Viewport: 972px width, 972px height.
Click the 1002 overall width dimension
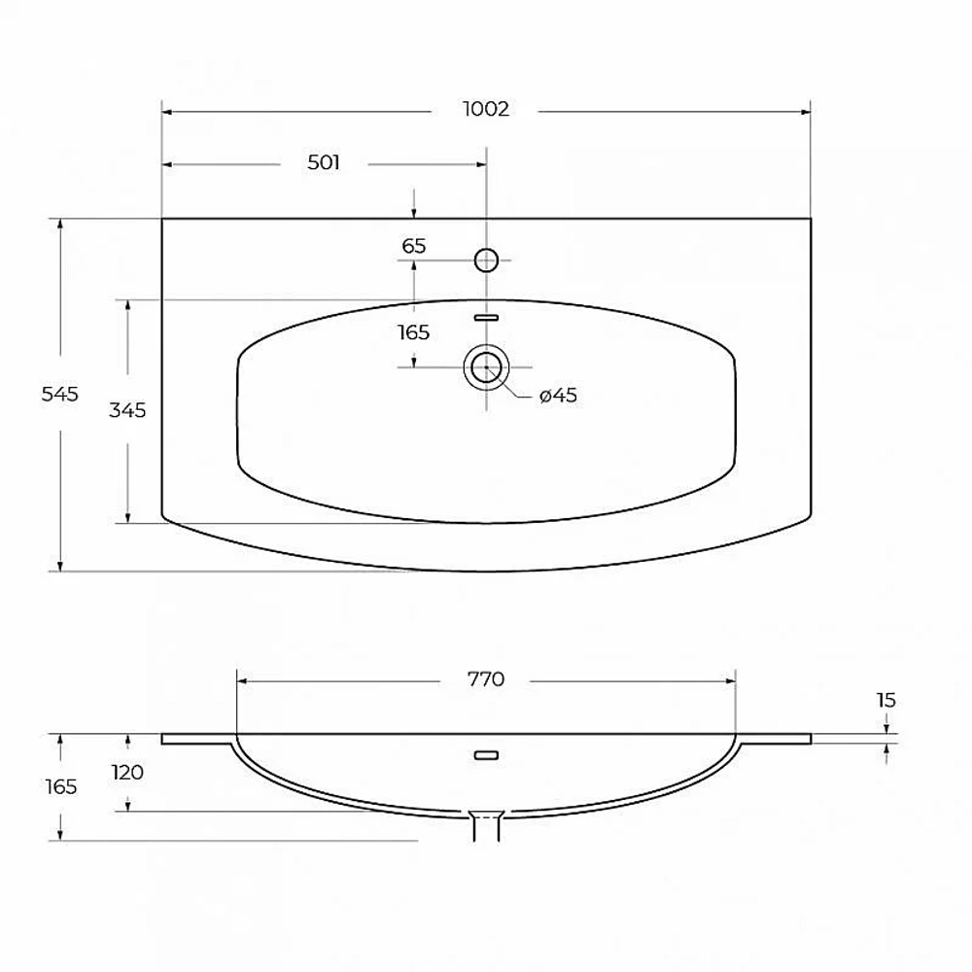[486, 109]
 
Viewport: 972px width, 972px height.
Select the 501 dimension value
[324, 162]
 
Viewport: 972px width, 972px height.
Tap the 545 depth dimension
[60, 395]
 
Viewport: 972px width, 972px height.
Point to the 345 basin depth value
[127, 410]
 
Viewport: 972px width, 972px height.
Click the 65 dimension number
[414, 246]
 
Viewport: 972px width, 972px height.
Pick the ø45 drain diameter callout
[559, 396]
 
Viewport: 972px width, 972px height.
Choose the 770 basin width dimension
[486, 679]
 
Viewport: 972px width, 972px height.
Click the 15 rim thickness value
[886, 701]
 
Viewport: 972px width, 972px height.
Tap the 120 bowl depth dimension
[127, 773]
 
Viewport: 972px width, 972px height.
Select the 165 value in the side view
[61, 787]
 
